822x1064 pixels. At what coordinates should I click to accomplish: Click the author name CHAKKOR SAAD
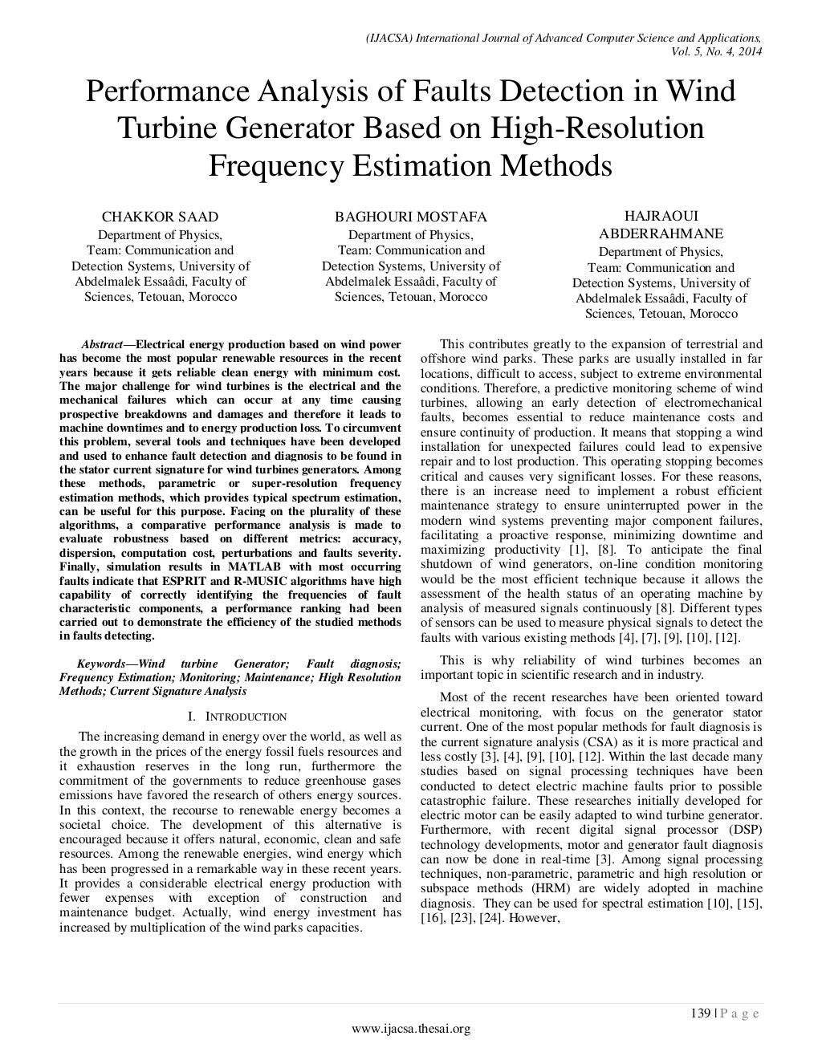tap(160, 217)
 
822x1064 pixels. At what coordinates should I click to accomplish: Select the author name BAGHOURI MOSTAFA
tap(410, 217)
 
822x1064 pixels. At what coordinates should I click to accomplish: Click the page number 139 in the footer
tap(700, 1013)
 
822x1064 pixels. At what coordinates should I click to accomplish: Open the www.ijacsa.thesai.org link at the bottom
tap(411, 1029)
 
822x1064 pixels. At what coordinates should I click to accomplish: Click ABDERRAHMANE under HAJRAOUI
tap(661, 234)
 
